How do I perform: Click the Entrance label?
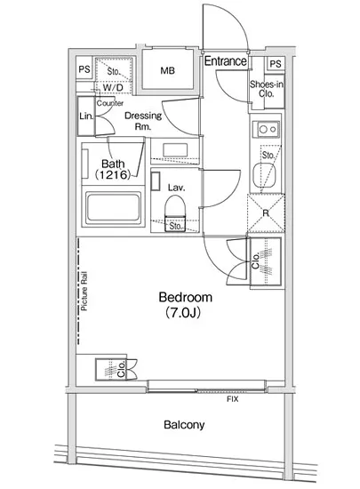(226, 61)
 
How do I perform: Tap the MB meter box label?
(168, 71)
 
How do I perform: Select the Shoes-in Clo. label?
(267, 89)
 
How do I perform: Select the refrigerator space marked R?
(266, 213)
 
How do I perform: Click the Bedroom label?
(186, 297)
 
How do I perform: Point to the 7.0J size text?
(183, 312)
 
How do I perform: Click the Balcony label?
(184, 425)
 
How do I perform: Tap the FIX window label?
(233, 399)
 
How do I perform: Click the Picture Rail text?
(84, 292)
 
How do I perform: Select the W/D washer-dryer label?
(113, 88)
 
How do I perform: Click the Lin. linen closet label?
(86, 116)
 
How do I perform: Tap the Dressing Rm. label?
(143, 121)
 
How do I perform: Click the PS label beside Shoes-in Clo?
(276, 64)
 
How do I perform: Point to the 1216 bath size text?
(113, 174)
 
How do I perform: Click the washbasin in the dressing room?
(175, 150)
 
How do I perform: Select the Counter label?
(109, 103)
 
